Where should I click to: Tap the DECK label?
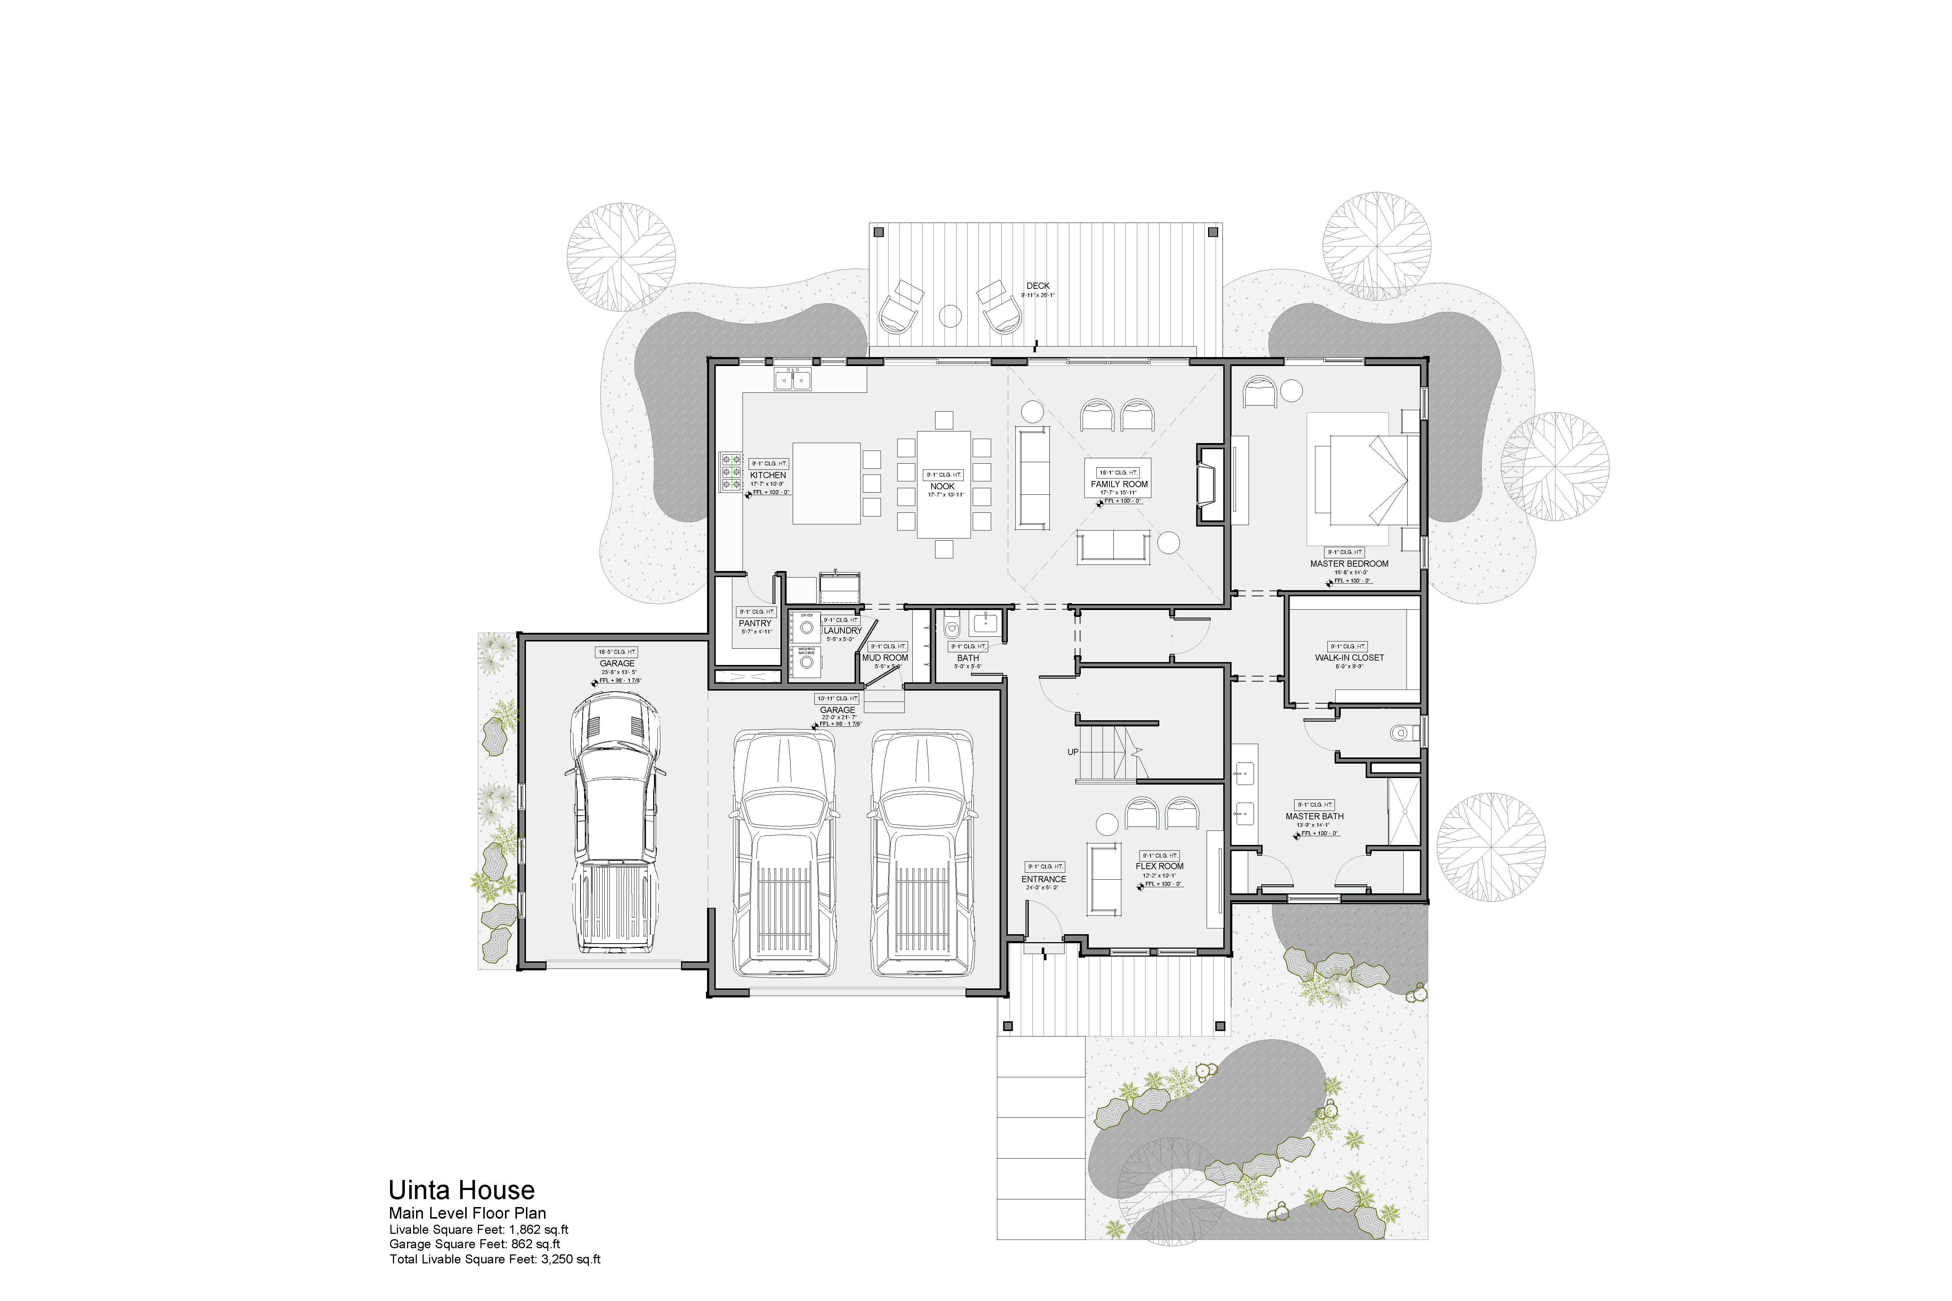[x=1037, y=285]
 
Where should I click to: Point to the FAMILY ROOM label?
[x=1119, y=484]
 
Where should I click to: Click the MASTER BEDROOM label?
[x=1349, y=563]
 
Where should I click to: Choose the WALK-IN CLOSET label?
[x=1349, y=657]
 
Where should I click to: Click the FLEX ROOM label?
[x=1159, y=866]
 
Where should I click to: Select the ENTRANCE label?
[x=1043, y=879]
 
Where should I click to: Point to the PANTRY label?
[x=754, y=623]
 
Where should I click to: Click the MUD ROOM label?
[x=885, y=657]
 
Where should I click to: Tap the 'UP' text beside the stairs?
[x=1072, y=752]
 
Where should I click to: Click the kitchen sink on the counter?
[x=793, y=380]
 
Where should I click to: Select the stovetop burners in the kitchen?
[x=730, y=471]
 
